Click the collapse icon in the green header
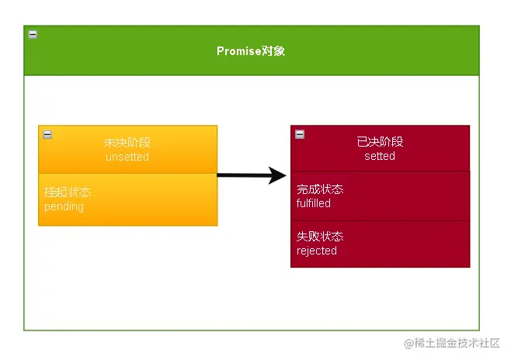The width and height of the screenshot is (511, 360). (x=33, y=34)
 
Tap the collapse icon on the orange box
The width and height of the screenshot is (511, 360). (x=47, y=134)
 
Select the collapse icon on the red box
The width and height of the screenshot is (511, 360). (x=300, y=134)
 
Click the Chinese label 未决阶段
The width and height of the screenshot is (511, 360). (x=127, y=143)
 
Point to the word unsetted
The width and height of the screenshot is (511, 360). (x=127, y=157)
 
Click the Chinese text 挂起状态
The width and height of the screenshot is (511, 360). (x=68, y=192)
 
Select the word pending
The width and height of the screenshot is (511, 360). (x=64, y=206)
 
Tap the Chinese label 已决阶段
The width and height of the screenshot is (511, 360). (x=380, y=142)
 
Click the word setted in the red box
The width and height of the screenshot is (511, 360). (x=380, y=156)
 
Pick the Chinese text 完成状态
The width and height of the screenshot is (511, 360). (x=320, y=189)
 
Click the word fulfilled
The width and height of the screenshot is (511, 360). (x=314, y=203)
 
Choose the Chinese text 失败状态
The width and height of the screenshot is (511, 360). (x=320, y=237)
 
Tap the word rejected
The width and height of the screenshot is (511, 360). (x=317, y=251)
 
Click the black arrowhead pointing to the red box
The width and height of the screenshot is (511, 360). (x=277, y=175)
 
